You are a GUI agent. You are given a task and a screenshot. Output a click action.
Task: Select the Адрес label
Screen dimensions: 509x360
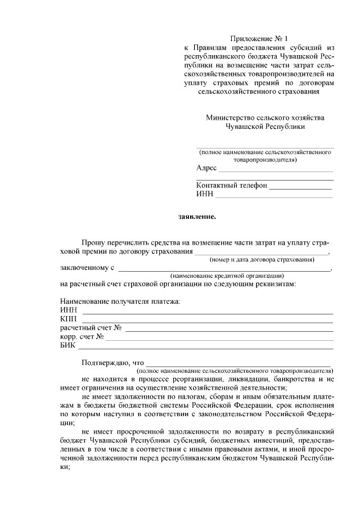[206, 168]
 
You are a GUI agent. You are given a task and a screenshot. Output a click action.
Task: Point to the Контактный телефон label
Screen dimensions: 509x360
[231, 186]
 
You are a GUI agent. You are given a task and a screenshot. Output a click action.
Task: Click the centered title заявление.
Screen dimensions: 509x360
[197, 216]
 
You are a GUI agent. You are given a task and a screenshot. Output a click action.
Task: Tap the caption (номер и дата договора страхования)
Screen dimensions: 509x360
[262, 259]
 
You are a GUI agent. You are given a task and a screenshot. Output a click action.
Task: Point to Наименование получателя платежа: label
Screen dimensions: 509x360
[120, 301]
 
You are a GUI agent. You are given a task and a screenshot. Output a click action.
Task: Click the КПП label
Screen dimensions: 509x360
[68, 319]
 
